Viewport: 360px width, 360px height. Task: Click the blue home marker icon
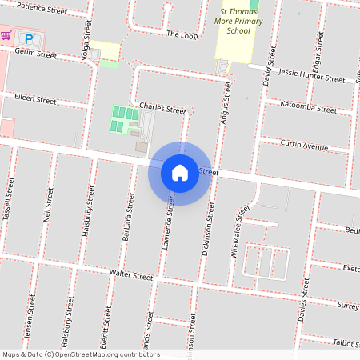pos(180,173)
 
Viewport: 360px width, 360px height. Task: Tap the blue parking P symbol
pos(30,38)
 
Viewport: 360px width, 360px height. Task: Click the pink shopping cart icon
pos(6,36)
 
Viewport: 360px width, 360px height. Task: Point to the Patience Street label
pos(42,10)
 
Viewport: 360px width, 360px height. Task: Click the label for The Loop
pos(182,34)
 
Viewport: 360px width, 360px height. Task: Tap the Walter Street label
pos(131,275)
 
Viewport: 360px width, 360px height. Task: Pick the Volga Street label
pos(89,31)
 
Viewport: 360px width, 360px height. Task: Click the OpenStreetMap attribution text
pos(80,354)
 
